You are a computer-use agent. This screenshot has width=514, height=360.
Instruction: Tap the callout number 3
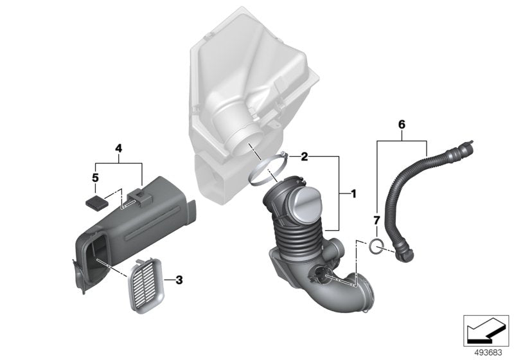179,280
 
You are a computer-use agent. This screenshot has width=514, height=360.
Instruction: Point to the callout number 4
118,148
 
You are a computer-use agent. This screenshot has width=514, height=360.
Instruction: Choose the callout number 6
402,122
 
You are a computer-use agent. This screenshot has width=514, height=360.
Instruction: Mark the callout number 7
377,223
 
